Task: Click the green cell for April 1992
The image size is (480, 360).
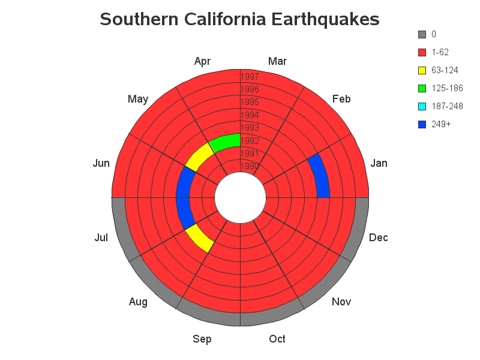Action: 226,142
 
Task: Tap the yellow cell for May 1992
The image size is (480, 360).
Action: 199,157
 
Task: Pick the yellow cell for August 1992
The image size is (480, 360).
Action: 199,238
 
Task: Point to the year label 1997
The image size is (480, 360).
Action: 250,77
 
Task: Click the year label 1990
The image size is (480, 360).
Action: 250,166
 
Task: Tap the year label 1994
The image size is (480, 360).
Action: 250,115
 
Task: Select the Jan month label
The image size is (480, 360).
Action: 379,163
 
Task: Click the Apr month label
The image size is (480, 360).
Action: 202,61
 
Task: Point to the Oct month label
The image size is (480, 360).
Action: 277,339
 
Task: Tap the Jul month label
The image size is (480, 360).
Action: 101,238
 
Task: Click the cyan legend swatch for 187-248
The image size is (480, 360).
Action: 422,106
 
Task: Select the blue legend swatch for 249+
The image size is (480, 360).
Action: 422,124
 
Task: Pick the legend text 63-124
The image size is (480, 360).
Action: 445,70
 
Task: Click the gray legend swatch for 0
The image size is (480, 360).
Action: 422,34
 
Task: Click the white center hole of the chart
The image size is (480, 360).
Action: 241,198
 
